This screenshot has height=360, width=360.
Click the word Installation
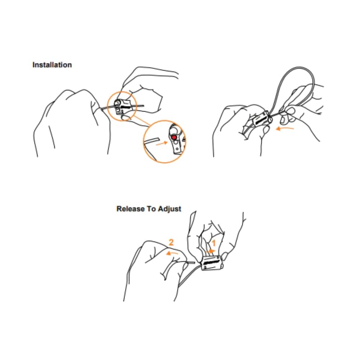point(52,65)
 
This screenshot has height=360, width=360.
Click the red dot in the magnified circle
point(174,137)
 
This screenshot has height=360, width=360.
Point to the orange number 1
point(213,243)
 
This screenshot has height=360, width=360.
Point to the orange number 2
point(171,242)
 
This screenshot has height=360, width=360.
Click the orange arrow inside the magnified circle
point(162,143)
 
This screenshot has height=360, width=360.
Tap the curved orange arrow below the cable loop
point(285,128)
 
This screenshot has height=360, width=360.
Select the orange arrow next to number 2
point(172,253)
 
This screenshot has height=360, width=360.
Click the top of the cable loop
point(298,67)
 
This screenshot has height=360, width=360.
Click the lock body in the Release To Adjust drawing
point(212,263)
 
